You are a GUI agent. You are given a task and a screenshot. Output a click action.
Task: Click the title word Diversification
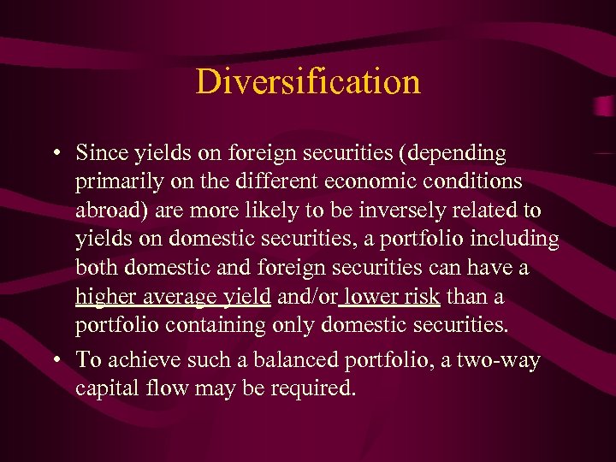coord(308,82)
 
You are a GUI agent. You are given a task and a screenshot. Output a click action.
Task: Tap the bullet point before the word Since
coord(54,155)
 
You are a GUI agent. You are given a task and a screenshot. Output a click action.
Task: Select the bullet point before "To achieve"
coord(54,360)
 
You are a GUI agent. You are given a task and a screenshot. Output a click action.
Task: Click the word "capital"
coord(104,389)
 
